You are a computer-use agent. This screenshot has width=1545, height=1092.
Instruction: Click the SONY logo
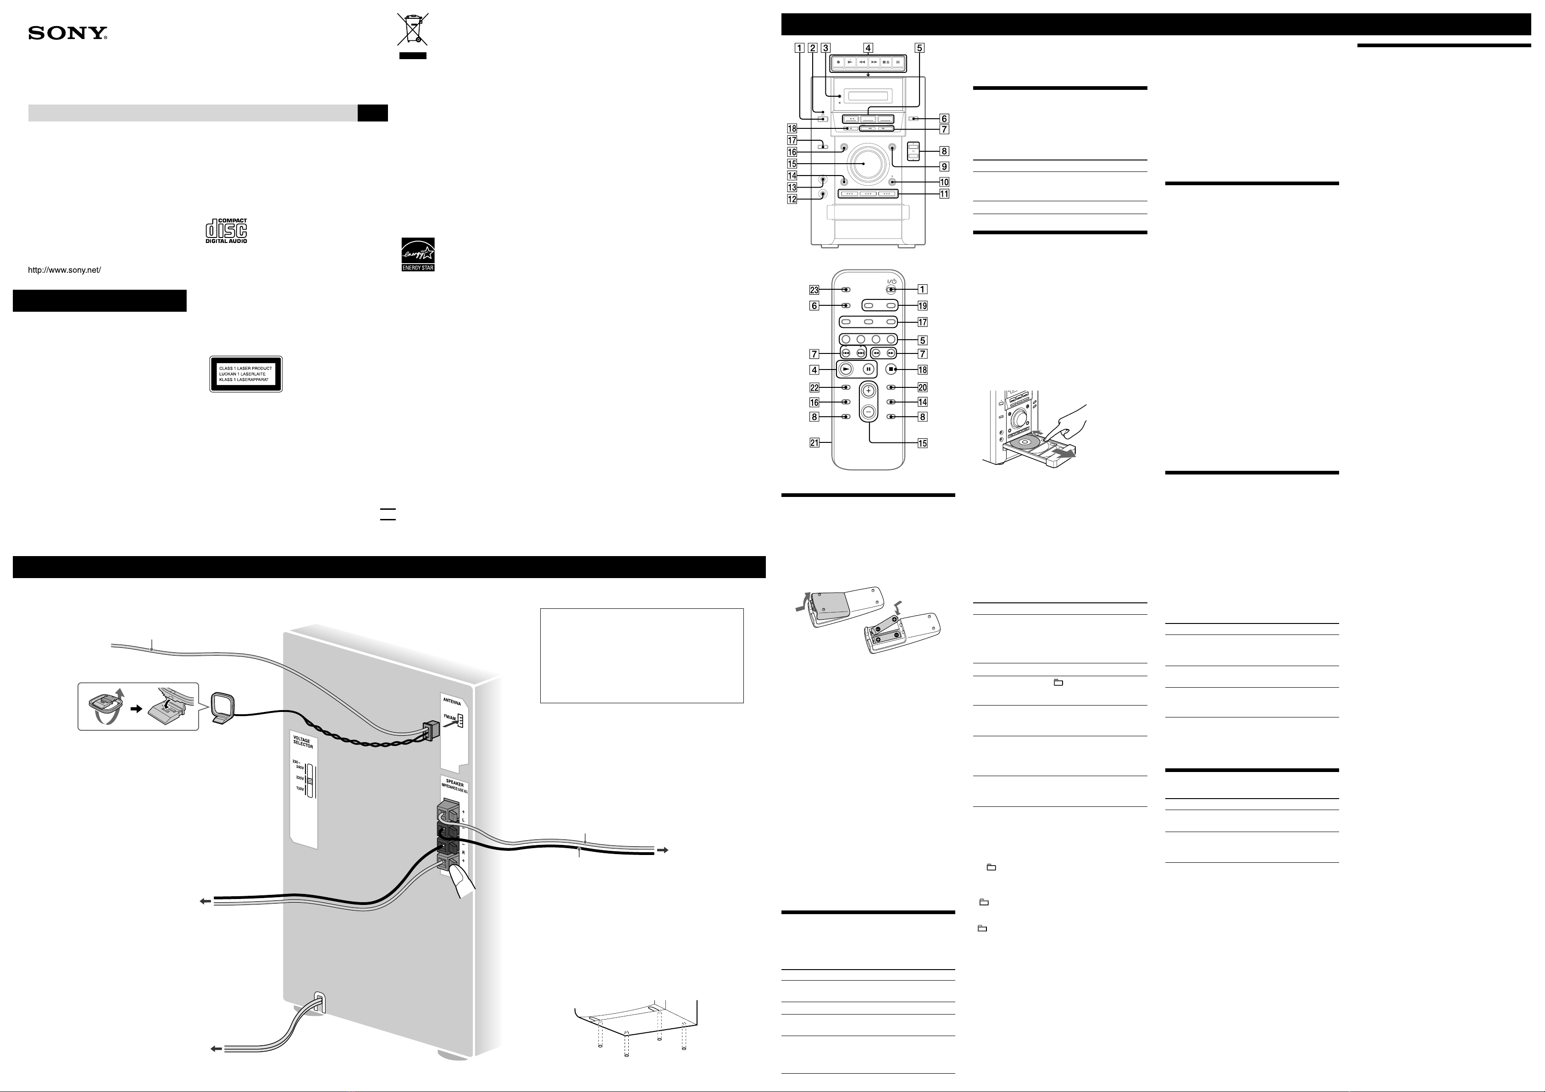(x=67, y=33)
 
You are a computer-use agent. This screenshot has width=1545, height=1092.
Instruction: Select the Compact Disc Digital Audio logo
(x=226, y=231)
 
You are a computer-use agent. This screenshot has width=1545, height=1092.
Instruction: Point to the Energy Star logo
(x=418, y=254)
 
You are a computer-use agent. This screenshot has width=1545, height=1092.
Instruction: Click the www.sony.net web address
(x=64, y=270)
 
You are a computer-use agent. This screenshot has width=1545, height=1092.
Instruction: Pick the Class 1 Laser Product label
(x=246, y=374)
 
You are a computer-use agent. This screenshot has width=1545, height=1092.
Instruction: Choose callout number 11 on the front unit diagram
(x=944, y=194)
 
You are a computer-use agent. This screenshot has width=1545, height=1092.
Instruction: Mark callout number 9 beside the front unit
(x=944, y=166)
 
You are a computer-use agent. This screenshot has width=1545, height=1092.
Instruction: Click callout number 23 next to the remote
(x=814, y=290)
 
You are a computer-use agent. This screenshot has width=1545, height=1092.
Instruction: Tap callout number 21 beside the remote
(x=814, y=443)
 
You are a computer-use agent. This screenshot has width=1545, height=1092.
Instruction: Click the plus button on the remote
(x=869, y=390)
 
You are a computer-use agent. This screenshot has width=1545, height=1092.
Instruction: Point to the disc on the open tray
(x=1025, y=442)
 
